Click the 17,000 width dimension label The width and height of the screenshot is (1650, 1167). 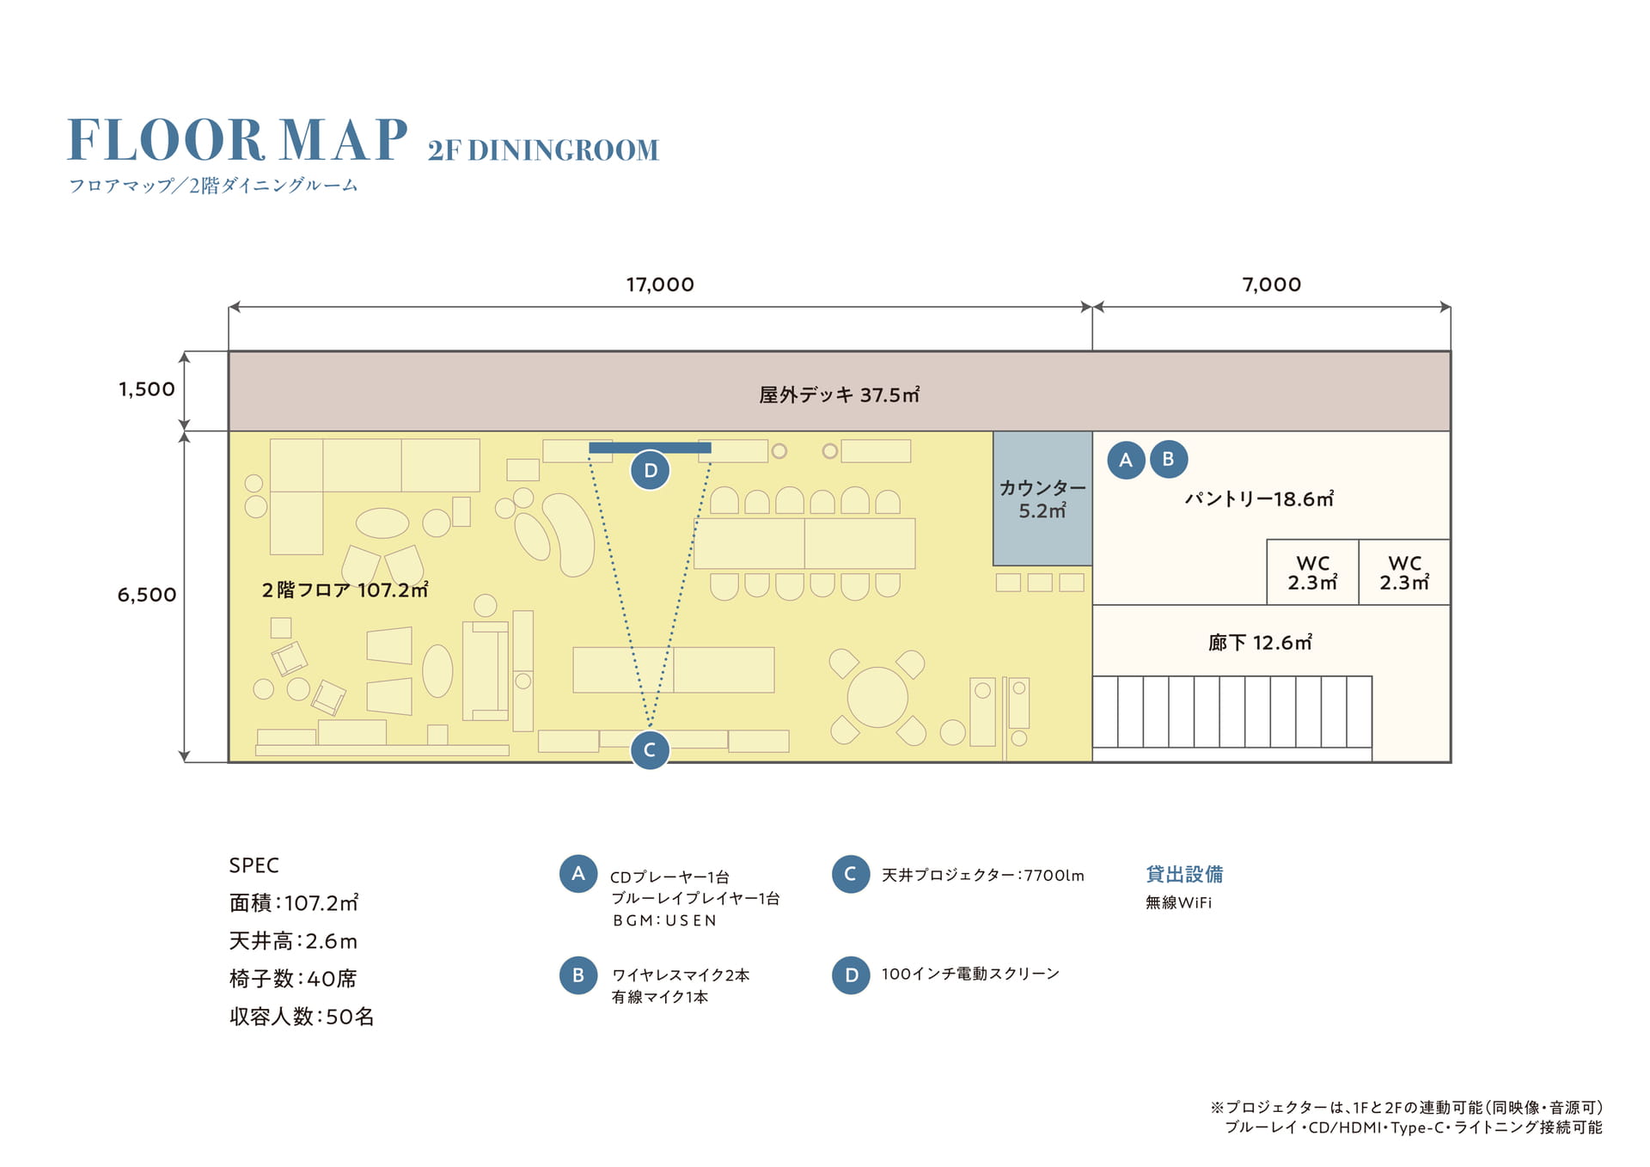[660, 284]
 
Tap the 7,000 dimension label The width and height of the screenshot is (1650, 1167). [1272, 284]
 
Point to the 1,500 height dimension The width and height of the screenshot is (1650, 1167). [147, 389]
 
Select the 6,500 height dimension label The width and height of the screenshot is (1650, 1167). [147, 595]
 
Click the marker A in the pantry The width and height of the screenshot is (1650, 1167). [1126, 460]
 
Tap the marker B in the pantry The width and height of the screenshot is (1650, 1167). [1169, 459]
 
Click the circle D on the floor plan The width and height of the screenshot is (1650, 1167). [651, 470]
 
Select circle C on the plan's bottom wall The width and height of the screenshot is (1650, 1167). [651, 749]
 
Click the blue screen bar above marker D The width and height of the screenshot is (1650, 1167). [650, 448]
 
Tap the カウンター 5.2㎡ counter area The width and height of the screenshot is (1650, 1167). [1042, 498]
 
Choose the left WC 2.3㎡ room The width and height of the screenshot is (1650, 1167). [1312, 572]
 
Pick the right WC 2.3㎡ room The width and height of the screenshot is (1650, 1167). [1404, 572]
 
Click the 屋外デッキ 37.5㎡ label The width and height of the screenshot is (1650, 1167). [839, 394]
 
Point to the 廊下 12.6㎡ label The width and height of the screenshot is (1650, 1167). [1260, 643]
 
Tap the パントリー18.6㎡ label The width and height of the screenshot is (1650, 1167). [1259, 499]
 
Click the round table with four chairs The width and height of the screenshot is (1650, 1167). [877, 697]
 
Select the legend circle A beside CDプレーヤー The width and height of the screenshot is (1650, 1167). [578, 874]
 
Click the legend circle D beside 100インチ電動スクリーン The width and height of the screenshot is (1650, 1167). [852, 975]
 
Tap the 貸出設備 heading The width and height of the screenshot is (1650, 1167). [1184, 874]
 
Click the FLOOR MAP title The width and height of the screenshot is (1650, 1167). [237, 140]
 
